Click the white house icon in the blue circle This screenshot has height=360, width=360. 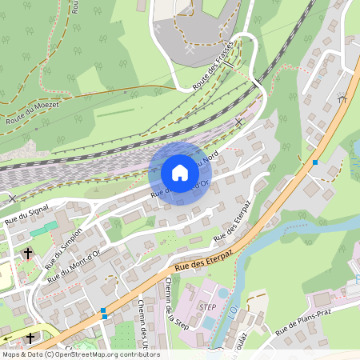point(180,173)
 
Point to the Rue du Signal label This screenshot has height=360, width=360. point(26,211)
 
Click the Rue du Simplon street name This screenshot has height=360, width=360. point(64,247)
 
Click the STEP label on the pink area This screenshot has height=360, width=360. point(206,306)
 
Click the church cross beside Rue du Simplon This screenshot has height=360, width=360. point(28,253)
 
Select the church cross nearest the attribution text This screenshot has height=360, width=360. point(30,338)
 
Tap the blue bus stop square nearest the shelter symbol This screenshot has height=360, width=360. point(315,162)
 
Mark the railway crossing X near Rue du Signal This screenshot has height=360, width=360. point(11,198)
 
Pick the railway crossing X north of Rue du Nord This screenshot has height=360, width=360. point(238,122)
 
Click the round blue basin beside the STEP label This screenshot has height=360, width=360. point(209,322)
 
